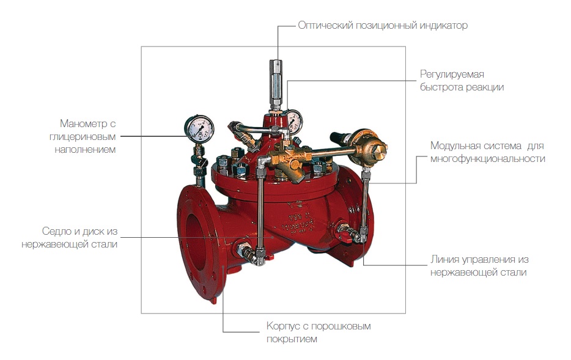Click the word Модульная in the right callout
pos(454,146)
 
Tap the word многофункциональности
pos(487,159)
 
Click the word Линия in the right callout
pos(445,259)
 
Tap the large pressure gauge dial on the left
pos(199,127)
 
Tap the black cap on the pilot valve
pos(338,138)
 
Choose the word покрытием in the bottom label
pos(292,339)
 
